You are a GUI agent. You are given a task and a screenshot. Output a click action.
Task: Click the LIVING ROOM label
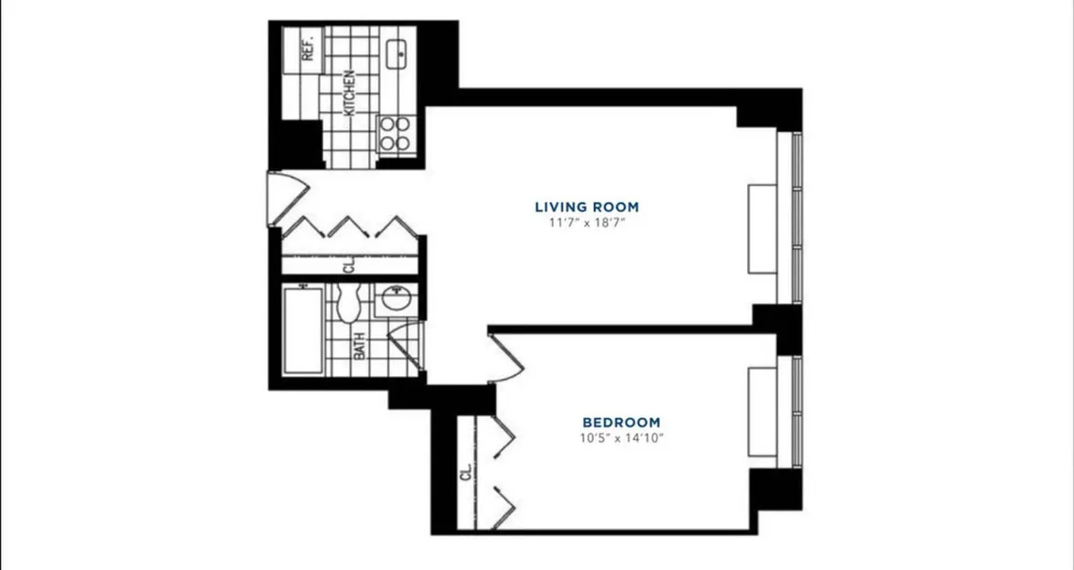(x=587, y=206)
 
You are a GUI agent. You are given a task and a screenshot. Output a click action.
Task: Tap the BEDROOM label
(x=621, y=422)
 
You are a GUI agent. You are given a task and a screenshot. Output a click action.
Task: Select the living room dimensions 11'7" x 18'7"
(x=587, y=221)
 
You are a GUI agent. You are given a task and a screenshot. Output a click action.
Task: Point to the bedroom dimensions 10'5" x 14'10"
(x=621, y=438)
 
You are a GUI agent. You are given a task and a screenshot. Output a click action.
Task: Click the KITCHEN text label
(x=348, y=94)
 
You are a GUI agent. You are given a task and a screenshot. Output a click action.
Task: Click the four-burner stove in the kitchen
(x=396, y=134)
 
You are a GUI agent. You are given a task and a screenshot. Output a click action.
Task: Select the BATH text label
(x=359, y=346)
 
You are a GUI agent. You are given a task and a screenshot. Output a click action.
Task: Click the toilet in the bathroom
(x=348, y=303)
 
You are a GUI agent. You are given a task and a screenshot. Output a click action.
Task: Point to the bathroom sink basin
(x=395, y=300)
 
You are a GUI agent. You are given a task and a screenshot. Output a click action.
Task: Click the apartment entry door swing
(x=288, y=193)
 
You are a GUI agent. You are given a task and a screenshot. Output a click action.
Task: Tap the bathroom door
(x=404, y=346)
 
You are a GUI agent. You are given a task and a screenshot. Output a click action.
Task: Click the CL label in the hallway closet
(x=348, y=267)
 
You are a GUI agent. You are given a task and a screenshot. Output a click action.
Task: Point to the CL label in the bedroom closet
(x=465, y=473)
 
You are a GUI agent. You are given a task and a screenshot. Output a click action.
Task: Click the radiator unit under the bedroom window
(x=762, y=412)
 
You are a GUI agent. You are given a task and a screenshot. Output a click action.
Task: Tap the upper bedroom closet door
(x=501, y=435)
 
